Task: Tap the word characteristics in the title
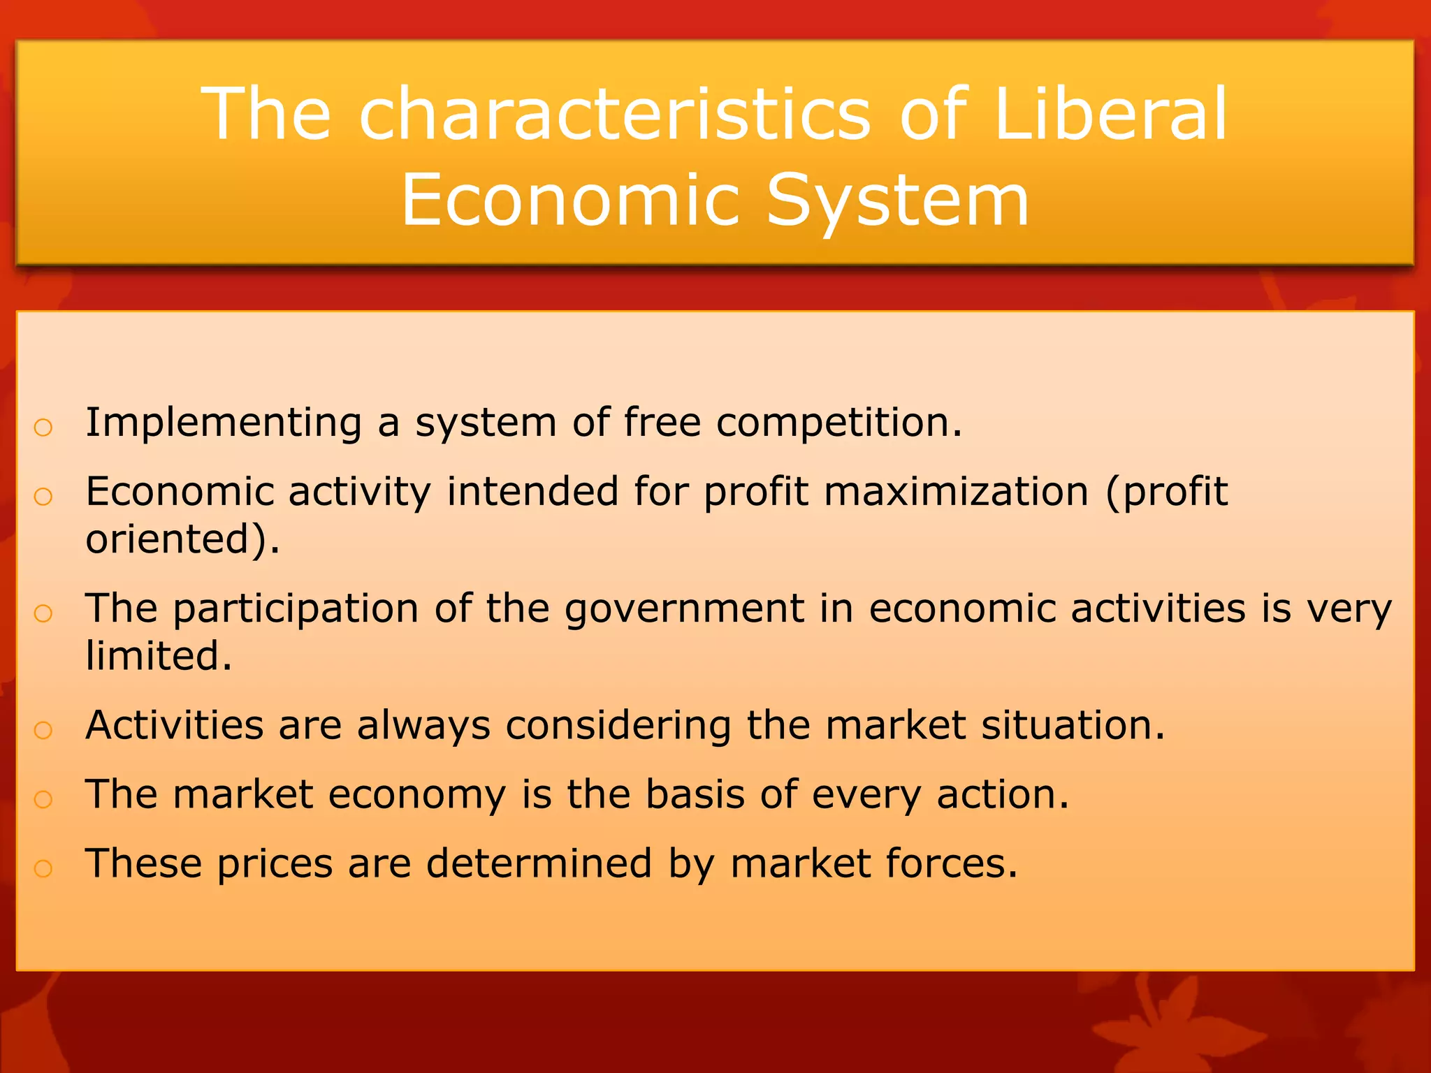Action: click(615, 114)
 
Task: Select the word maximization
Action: click(956, 492)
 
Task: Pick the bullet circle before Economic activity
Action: click(43, 497)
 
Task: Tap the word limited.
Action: click(159, 656)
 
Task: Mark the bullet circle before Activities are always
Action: click(43, 730)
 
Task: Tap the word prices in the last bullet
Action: click(274, 864)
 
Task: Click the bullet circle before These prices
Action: click(43, 868)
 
